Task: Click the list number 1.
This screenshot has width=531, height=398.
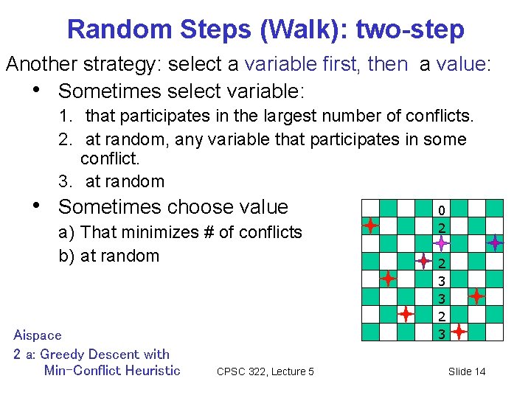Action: [x=64, y=116]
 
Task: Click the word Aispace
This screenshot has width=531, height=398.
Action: [x=38, y=335]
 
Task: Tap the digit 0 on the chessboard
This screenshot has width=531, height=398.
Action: [x=441, y=209]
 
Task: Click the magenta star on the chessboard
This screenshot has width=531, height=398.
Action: [x=440, y=242]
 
